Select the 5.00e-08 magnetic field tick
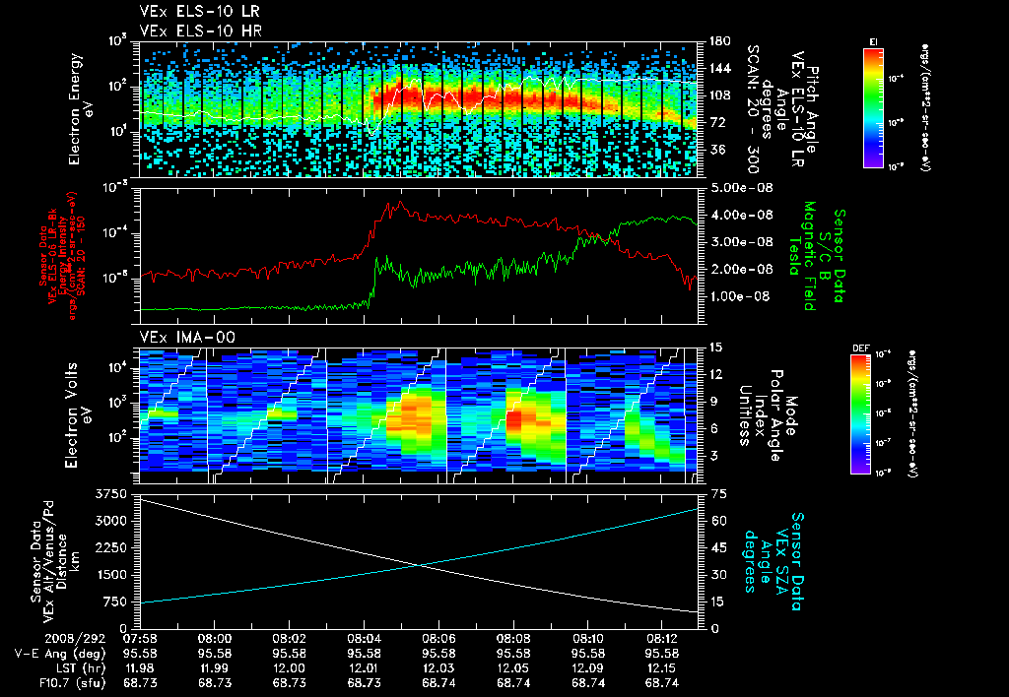coord(739,187)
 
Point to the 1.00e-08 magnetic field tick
coord(739,296)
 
